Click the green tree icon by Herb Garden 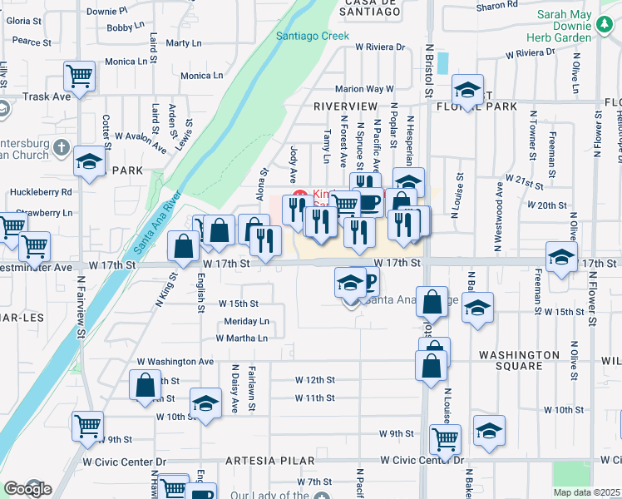click(605, 27)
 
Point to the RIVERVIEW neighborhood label click(346, 107)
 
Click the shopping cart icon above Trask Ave click(80, 77)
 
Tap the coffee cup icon click(369, 200)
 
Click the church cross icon click(61, 148)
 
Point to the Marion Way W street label click(363, 89)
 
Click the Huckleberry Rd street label click(42, 192)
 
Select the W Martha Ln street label click(242, 338)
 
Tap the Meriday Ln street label click(247, 321)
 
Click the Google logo click(27, 488)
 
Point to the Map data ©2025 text click(585, 492)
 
